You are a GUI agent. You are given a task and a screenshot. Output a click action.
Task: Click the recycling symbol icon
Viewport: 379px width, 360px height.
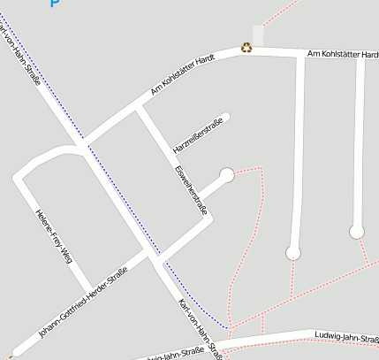[246, 48]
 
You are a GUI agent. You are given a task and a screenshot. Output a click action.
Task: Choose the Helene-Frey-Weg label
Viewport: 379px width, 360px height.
[53, 236]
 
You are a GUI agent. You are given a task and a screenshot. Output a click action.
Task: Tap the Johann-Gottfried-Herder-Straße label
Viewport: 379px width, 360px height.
[84, 300]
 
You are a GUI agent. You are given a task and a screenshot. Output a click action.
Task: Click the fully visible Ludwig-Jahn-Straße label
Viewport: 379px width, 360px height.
[346, 335]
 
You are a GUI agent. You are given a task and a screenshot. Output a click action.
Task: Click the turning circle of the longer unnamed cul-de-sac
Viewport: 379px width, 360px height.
[293, 254]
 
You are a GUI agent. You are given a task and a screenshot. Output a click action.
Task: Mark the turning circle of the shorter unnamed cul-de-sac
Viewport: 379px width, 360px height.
[357, 232]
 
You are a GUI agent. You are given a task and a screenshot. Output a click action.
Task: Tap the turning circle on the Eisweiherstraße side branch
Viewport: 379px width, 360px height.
[227, 175]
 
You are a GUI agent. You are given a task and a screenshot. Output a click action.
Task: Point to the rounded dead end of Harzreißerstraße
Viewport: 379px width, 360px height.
[227, 116]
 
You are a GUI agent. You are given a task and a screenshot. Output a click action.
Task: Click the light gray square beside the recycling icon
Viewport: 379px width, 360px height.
[258, 35]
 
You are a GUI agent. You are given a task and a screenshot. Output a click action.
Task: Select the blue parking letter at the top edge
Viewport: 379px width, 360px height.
[55, 3]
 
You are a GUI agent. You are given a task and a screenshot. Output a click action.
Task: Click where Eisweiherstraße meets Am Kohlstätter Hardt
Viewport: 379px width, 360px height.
[138, 107]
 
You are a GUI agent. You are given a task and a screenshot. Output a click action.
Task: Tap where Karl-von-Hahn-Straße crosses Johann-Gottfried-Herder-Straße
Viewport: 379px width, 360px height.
[153, 254]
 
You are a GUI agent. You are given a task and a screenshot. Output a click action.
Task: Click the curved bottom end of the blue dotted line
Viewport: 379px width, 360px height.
[228, 326]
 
